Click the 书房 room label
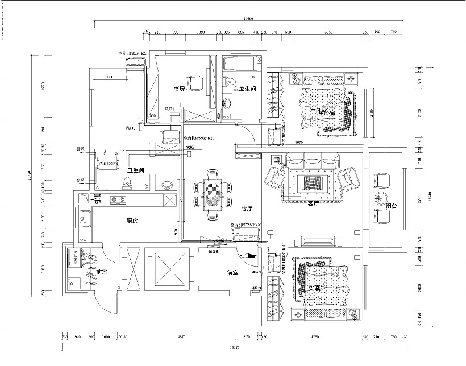tap(179, 89)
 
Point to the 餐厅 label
tap(247, 209)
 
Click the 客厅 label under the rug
tap(313, 203)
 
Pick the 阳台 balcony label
tap(391, 206)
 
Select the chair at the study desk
tap(195, 83)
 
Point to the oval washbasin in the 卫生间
tap(167, 184)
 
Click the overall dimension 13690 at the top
tap(248, 19)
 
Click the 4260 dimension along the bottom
tap(315, 337)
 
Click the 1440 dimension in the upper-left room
tap(110, 77)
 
